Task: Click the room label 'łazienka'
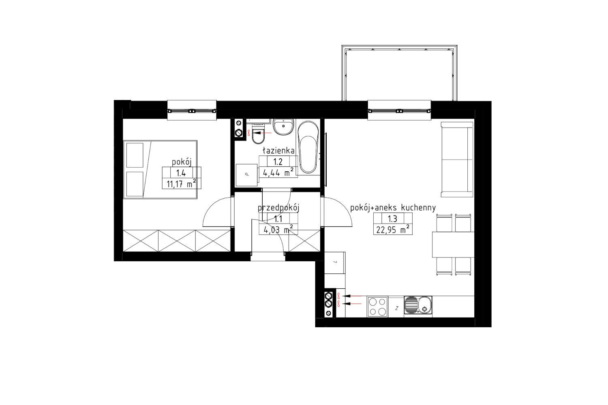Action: tap(278, 150)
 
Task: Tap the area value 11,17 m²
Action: tap(181, 184)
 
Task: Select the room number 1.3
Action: tap(392, 218)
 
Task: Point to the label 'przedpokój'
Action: tap(278, 209)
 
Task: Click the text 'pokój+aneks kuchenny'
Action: tap(393, 208)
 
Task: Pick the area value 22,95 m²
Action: tap(393, 230)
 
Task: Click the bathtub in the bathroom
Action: tap(308, 147)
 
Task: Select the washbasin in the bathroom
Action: tap(283, 127)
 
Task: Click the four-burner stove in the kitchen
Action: tap(377, 307)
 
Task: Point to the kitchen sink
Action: tap(418, 306)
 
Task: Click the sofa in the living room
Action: tap(457, 160)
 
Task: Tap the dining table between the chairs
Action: tap(453, 244)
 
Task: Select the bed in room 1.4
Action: tap(160, 170)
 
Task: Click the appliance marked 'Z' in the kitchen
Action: tap(396, 307)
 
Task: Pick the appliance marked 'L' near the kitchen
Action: tap(335, 262)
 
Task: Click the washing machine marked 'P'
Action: tap(246, 175)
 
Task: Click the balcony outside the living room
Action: tap(399, 73)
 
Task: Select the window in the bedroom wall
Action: tap(192, 111)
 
